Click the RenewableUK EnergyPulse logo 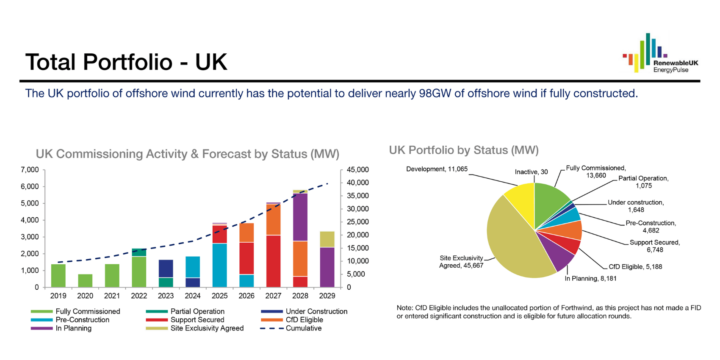click(660, 53)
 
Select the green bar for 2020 click(85, 280)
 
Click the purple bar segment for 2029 click(327, 267)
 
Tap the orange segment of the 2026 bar click(246, 233)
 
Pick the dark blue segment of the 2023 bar click(166, 269)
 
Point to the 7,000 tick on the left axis click(30, 170)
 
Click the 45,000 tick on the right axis click(357, 170)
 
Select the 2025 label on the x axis click(219, 296)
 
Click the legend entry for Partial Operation click(197, 311)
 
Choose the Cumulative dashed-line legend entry click(303, 328)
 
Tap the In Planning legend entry click(73, 328)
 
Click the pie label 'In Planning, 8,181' click(590, 279)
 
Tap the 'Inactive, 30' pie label click(531, 172)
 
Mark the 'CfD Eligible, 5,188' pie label click(635, 267)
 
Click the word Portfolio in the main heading click(127, 62)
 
